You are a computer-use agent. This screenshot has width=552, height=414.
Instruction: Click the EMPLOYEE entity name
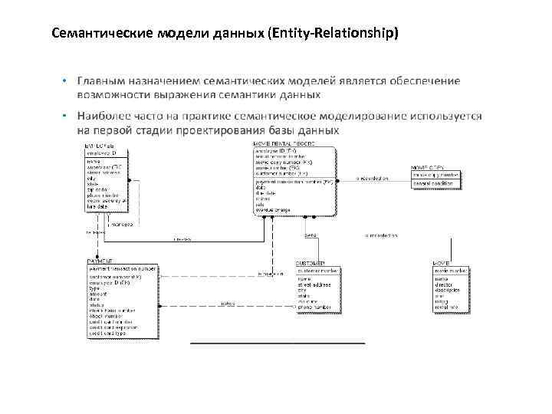100,146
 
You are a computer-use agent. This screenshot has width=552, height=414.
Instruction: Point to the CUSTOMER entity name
310,262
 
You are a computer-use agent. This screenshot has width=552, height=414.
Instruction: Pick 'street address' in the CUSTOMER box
314,284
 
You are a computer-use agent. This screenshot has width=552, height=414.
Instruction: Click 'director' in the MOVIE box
444,284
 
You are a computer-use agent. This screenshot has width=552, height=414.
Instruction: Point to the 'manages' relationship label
122,225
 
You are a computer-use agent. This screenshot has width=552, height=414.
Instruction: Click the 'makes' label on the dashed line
228,304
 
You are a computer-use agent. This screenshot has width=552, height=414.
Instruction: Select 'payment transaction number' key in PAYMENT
123,269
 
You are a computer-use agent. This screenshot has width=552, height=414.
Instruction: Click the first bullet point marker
66,80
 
